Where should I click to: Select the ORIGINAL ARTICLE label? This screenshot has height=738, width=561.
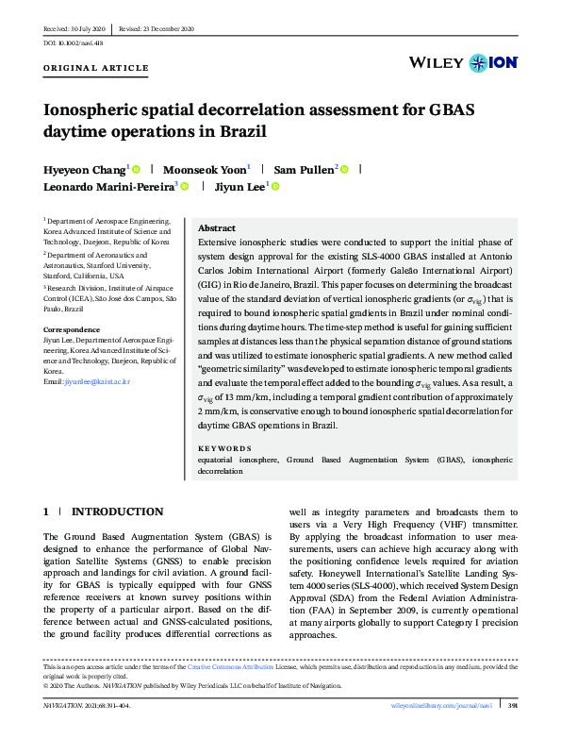[x=97, y=68]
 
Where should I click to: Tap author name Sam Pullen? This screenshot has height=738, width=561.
[x=304, y=170]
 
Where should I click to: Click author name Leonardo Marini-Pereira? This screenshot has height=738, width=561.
[x=108, y=188]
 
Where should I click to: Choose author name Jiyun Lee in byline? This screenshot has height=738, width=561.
[x=240, y=188]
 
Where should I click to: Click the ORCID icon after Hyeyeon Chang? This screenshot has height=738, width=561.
[x=137, y=170]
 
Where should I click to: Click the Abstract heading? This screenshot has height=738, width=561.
[x=217, y=228]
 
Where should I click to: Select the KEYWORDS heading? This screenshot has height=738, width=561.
[x=225, y=447]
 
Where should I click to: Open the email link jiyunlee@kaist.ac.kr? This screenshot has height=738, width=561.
[x=96, y=381]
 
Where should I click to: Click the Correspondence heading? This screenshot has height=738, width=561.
[x=73, y=329]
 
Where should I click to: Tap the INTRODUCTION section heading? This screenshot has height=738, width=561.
[x=117, y=512]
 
